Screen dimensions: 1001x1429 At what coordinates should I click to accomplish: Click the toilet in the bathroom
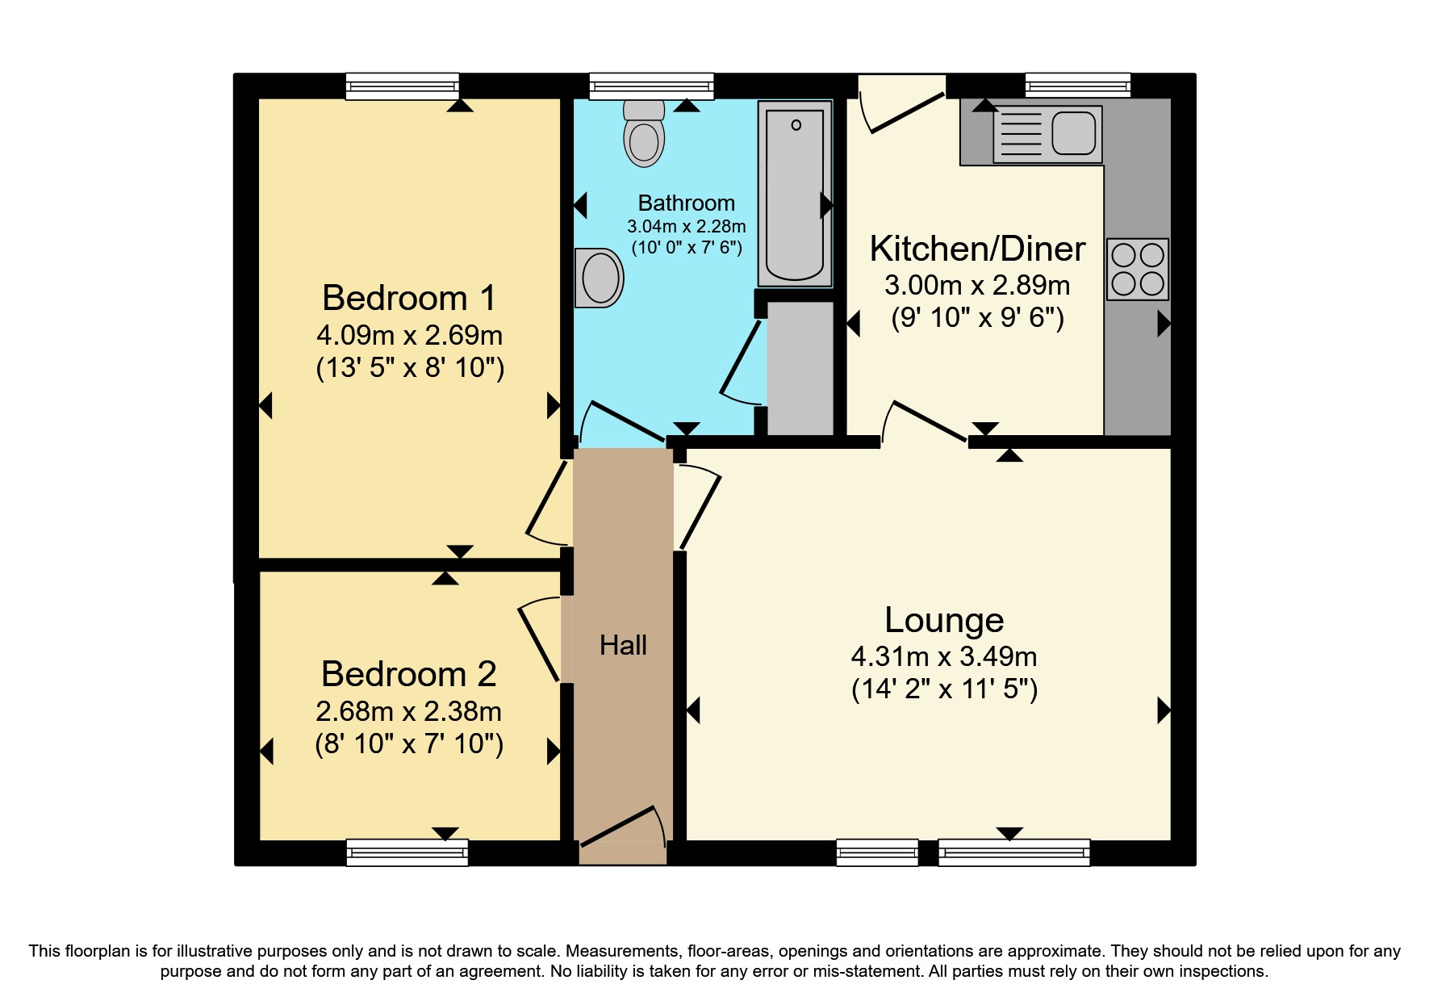click(x=644, y=136)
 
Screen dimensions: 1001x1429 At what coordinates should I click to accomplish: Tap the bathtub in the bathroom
click(x=795, y=194)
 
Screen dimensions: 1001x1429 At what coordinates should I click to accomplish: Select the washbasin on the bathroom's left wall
click(x=599, y=278)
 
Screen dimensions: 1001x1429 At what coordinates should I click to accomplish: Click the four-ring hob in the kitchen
click(x=1137, y=269)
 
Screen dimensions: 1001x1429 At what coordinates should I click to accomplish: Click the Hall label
click(x=623, y=645)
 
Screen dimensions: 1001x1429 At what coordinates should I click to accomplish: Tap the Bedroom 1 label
click(x=408, y=298)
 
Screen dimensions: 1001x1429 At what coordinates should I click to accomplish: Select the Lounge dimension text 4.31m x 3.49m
click(x=943, y=656)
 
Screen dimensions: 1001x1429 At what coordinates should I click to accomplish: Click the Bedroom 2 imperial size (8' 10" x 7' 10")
click(x=408, y=743)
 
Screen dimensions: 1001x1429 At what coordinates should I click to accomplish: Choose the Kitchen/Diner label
click(x=977, y=249)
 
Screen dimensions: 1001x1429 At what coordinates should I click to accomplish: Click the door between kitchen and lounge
click(x=925, y=422)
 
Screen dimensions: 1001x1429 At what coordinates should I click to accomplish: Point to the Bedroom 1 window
click(x=402, y=86)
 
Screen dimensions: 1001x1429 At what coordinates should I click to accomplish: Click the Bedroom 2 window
click(x=407, y=852)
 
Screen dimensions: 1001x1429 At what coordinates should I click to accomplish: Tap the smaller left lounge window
click(x=877, y=852)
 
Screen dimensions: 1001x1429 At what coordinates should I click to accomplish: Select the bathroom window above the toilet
click(x=651, y=86)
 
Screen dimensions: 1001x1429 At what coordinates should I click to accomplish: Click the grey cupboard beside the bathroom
click(x=799, y=367)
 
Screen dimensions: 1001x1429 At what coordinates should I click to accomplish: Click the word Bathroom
click(x=686, y=203)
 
